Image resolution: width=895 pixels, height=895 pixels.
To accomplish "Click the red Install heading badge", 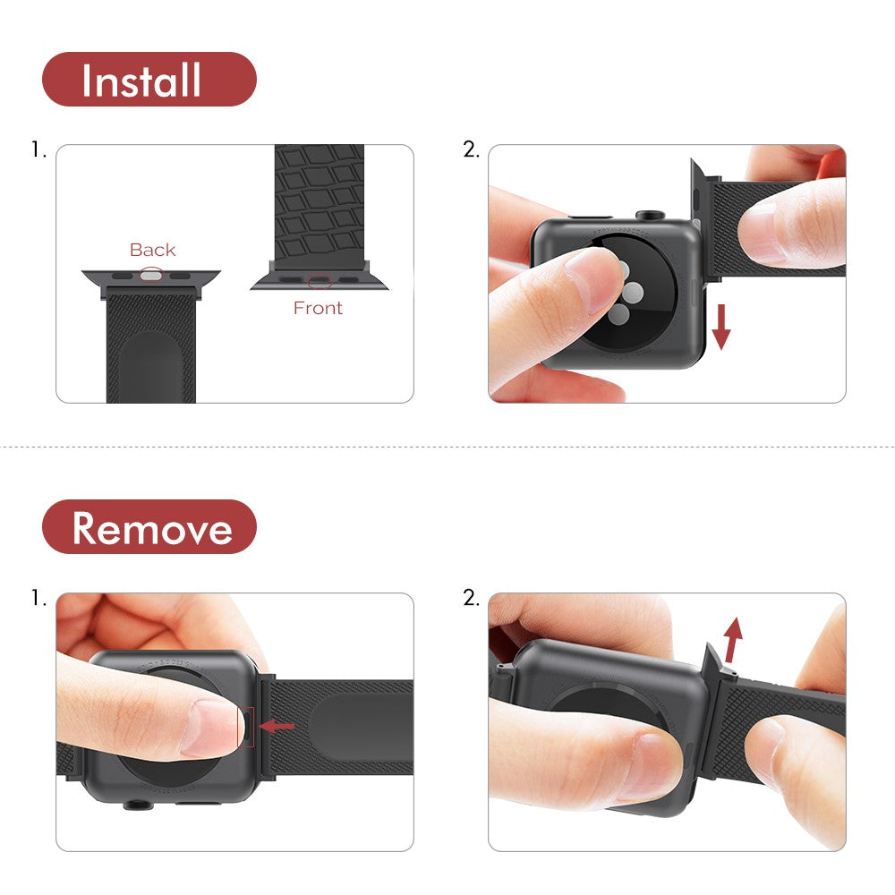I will pyautogui.click(x=149, y=80).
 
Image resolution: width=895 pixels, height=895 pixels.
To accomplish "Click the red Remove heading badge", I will pyautogui.click(x=149, y=527).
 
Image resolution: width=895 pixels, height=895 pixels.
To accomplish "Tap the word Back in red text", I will pyautogui.click(x=152, y=250).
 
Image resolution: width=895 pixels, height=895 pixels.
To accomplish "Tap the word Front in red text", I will pyautogui.click(x=318, y=308).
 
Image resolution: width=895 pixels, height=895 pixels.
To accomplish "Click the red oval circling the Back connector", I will pyautogui.click(x=152, y=276).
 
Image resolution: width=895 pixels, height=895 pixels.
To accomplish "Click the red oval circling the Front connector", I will pyautogui.click(x=319, y=281).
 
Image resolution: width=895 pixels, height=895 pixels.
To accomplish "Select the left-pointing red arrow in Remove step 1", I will pyautogui.click(x=277, y=726).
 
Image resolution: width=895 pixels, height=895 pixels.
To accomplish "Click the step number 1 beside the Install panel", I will pyautogui.click(x=38, y=150).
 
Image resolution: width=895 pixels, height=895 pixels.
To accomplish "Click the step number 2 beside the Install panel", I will pyautogui.click(x=471, y=150).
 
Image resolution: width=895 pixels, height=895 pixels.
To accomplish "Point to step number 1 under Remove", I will pyautogui.click(x=38, y=598).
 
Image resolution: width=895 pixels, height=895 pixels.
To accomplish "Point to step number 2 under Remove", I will pyautogui.click(x=471, y=598).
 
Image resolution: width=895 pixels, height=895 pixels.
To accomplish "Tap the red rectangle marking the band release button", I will pyautogui.click(x=246, y=725).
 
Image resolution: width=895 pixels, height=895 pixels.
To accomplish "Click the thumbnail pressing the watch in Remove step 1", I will pyautogui.click(x=210, y=725).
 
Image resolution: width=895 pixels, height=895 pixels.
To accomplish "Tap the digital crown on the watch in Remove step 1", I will pyautogui.click(x=136, y=804).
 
